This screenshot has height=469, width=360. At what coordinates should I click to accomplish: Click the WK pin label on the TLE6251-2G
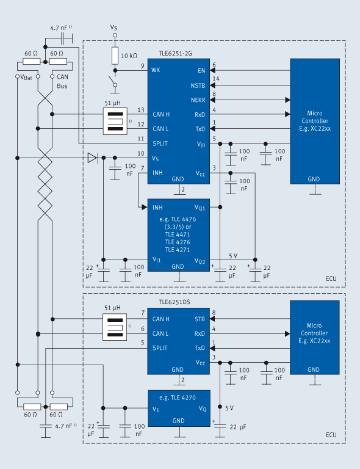point(156,70)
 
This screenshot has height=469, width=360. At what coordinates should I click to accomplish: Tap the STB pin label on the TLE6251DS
point(200,319)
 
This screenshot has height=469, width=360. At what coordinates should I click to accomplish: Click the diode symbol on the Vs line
point(92,158)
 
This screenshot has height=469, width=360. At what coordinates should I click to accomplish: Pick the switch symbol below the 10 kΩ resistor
point(113,81)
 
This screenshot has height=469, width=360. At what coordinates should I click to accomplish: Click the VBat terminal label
point(25,77)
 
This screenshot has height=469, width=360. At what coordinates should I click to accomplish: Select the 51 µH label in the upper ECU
point(114,103)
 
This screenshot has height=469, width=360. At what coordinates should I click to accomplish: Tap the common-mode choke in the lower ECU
point(114,326)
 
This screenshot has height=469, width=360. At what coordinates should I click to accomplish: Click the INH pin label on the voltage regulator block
point(157,208)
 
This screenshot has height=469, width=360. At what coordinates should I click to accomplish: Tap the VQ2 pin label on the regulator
point(200,261)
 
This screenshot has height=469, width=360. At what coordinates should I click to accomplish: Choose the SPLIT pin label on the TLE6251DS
point(160,348)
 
